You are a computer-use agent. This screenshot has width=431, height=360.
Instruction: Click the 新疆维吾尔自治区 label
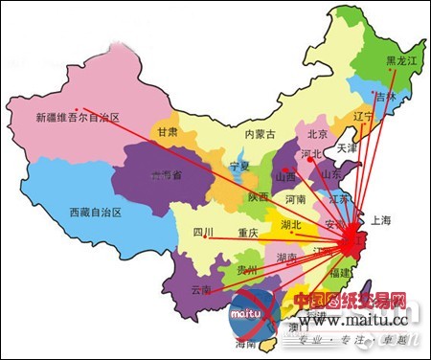pos(77,119)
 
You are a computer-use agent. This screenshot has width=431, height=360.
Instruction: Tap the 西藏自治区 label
pos(96,213)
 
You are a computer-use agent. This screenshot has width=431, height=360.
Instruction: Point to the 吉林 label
pos(385,97)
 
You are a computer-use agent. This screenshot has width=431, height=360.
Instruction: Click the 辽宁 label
pos(363,117)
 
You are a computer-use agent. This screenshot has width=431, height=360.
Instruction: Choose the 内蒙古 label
pos(260,134)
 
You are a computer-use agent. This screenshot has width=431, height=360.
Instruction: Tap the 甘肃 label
pos(168,132)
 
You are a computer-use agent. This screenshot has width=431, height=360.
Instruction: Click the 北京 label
pos(318,134)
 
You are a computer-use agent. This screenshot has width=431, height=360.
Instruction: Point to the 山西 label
pos(284,177)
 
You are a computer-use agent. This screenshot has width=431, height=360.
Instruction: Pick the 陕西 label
pos(257,197)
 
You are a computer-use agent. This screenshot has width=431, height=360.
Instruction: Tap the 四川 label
pos(202,232)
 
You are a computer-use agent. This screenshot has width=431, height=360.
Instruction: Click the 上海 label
pos(380,220)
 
